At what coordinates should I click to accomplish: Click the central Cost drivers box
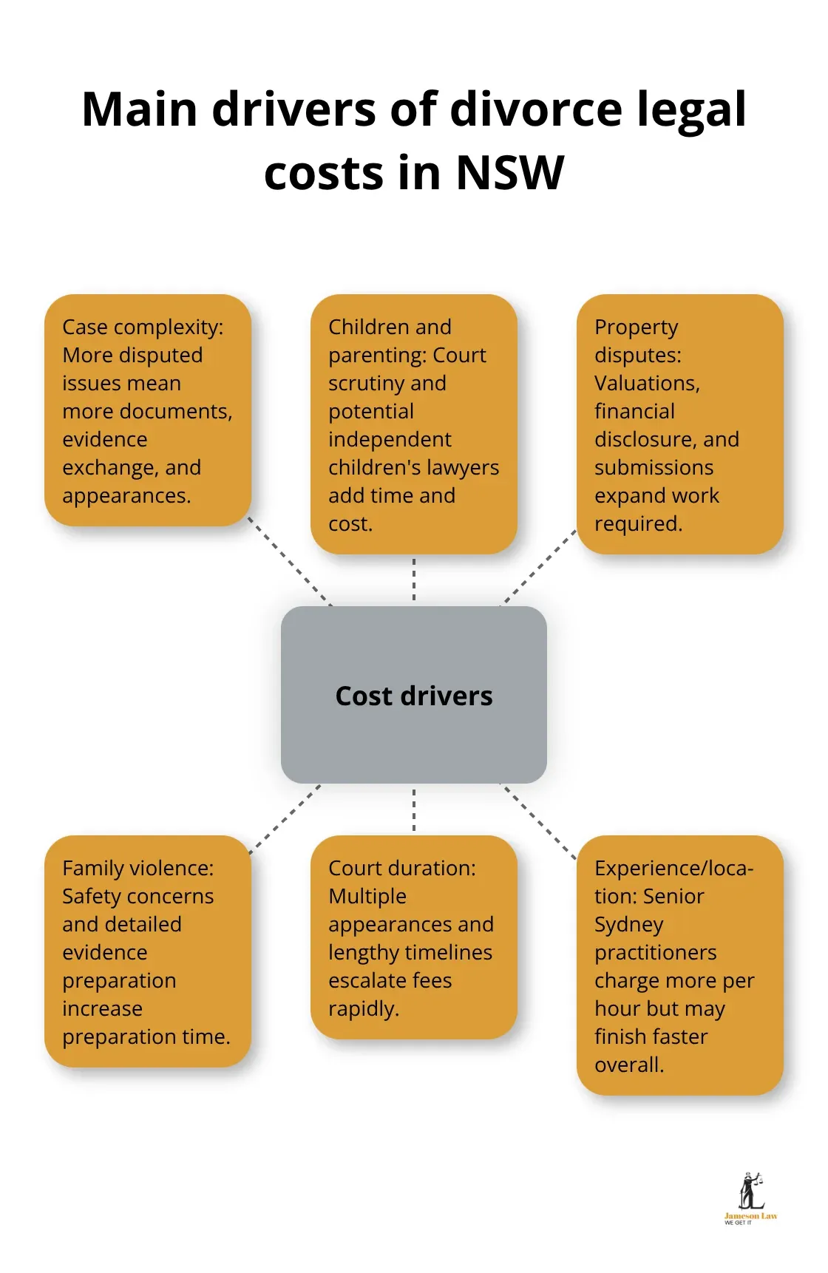413,695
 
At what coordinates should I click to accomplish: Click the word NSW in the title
509,173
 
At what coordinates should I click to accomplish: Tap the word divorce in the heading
536,109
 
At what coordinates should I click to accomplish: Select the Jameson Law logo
750,1198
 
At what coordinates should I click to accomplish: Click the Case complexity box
148,410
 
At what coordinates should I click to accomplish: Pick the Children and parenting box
413,424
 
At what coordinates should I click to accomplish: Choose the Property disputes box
679,424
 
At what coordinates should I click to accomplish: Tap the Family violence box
148,951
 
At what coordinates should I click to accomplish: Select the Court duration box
413,937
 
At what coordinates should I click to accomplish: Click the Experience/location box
679,965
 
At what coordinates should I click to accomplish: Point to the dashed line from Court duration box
413,809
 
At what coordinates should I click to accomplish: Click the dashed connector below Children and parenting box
413,580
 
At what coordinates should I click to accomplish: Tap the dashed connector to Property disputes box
540,567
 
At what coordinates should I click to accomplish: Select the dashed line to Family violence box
286,818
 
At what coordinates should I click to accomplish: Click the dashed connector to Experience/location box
540,822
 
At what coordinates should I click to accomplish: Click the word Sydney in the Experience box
628,924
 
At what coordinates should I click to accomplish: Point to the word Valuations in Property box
646,383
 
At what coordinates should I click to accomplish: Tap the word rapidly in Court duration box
363,1008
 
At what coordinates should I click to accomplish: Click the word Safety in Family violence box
91,896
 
